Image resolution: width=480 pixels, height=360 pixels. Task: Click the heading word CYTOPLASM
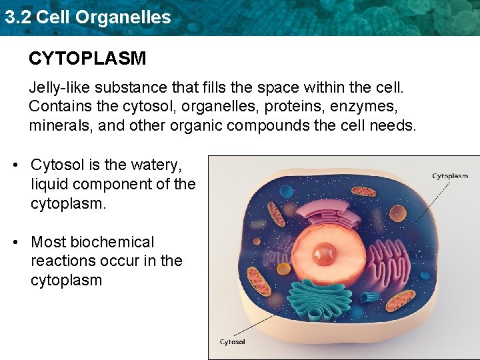87,59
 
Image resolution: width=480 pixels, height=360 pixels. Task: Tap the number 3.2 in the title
17,17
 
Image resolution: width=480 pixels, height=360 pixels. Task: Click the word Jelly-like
59,87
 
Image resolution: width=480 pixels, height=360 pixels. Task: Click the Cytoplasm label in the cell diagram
450,176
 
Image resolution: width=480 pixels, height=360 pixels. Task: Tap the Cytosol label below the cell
233,342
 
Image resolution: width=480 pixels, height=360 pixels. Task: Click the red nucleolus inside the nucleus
326,253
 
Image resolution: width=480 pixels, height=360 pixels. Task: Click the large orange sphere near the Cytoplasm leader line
394,201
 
